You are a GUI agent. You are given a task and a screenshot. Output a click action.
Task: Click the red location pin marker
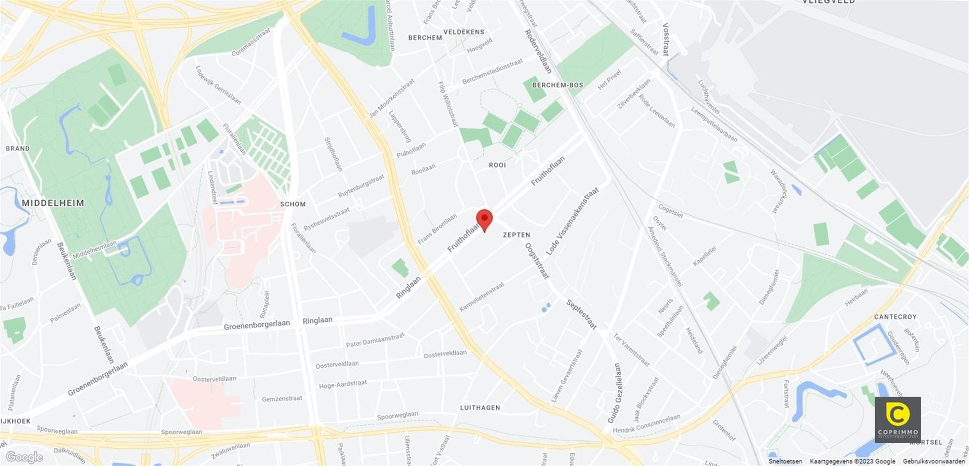484,219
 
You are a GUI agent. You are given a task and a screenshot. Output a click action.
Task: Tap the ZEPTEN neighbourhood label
516,235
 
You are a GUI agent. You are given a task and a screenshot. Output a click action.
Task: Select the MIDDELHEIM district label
53,203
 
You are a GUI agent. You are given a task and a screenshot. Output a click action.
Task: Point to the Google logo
24,457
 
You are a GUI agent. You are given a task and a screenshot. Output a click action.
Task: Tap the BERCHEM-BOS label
558,85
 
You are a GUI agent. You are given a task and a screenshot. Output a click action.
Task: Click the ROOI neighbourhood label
497,165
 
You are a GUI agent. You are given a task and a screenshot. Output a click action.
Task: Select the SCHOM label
293,204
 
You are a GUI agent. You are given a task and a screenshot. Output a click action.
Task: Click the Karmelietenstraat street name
481,297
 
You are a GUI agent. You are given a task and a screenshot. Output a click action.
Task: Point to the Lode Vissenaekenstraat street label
572,221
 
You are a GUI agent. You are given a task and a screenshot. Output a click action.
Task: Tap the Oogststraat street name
536,261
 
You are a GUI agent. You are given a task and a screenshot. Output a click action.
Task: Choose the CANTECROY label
895,317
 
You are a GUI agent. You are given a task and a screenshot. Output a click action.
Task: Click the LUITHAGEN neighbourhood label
480,407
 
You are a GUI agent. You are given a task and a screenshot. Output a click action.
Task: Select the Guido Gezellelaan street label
615,393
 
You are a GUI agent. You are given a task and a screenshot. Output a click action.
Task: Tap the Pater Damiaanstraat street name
375,340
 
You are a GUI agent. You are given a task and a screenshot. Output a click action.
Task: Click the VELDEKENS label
463,32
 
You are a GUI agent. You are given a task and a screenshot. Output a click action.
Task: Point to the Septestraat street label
581,314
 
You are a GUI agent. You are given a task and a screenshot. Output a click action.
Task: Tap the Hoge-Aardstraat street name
343,385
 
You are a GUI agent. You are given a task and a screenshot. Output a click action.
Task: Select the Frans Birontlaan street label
437,229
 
